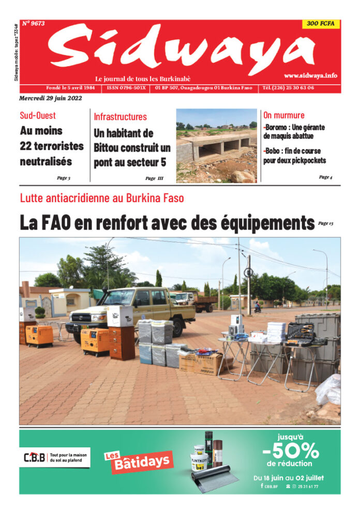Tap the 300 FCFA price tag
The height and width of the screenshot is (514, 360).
tap(321, 24)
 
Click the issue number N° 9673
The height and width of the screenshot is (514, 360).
tap(34, 23)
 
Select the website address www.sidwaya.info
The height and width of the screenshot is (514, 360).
tap(310, 75)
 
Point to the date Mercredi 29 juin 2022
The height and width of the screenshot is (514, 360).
tap(51, 98)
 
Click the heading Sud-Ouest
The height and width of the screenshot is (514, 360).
tap(38, 115)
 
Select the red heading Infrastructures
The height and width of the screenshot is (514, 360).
tap(120, 117)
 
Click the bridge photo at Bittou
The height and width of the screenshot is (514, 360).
tap(216, 145)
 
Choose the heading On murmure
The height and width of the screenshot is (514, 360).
tap(284, 115)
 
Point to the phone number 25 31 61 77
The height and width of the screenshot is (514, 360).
tap(309, 486)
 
